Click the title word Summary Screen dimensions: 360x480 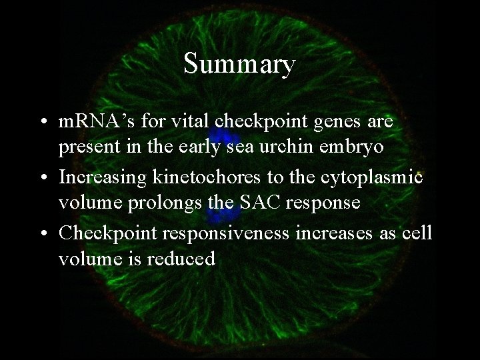click(239, 65)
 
